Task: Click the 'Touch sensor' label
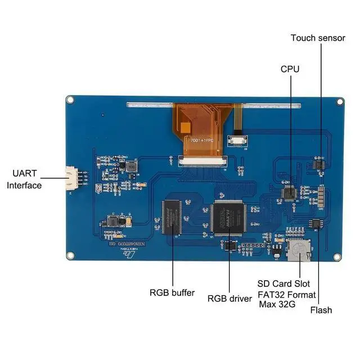point(318,38)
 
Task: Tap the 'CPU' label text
point(290,69)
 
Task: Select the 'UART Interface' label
point(24,179)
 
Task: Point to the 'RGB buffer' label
point(172,292)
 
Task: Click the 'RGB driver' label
point(229,299)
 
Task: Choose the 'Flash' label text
point(321,310)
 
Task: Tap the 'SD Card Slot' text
point(283,284)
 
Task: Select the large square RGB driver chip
point(228,217)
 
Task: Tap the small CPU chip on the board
point(289,192)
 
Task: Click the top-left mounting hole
point(70,100)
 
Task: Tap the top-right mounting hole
point(340,102)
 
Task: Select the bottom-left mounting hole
point(70,256)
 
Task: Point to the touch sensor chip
point(321,159)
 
